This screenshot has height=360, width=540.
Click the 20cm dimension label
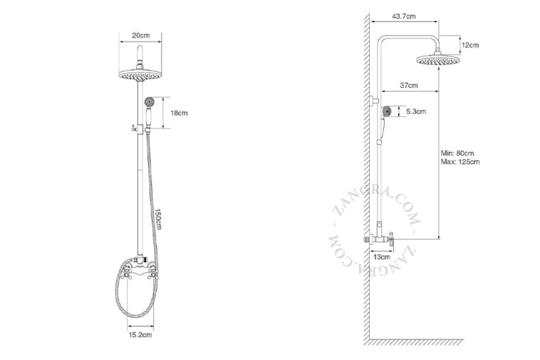(x=141, y=36)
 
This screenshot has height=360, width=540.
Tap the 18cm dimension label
(x=179, y=113)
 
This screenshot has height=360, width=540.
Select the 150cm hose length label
(x=158, y=219)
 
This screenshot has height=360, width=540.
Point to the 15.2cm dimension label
(x=140, y=334)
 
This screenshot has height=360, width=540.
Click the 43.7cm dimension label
(x=404, y=16)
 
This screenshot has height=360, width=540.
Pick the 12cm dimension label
(x=470, y=45)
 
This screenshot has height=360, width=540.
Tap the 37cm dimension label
(x=409, y=86)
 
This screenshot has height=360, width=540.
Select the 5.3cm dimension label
(x=416, y=112)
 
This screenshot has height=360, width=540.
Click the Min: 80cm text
(x=457, y=153)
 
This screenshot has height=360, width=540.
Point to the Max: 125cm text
(x=460, y=162)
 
